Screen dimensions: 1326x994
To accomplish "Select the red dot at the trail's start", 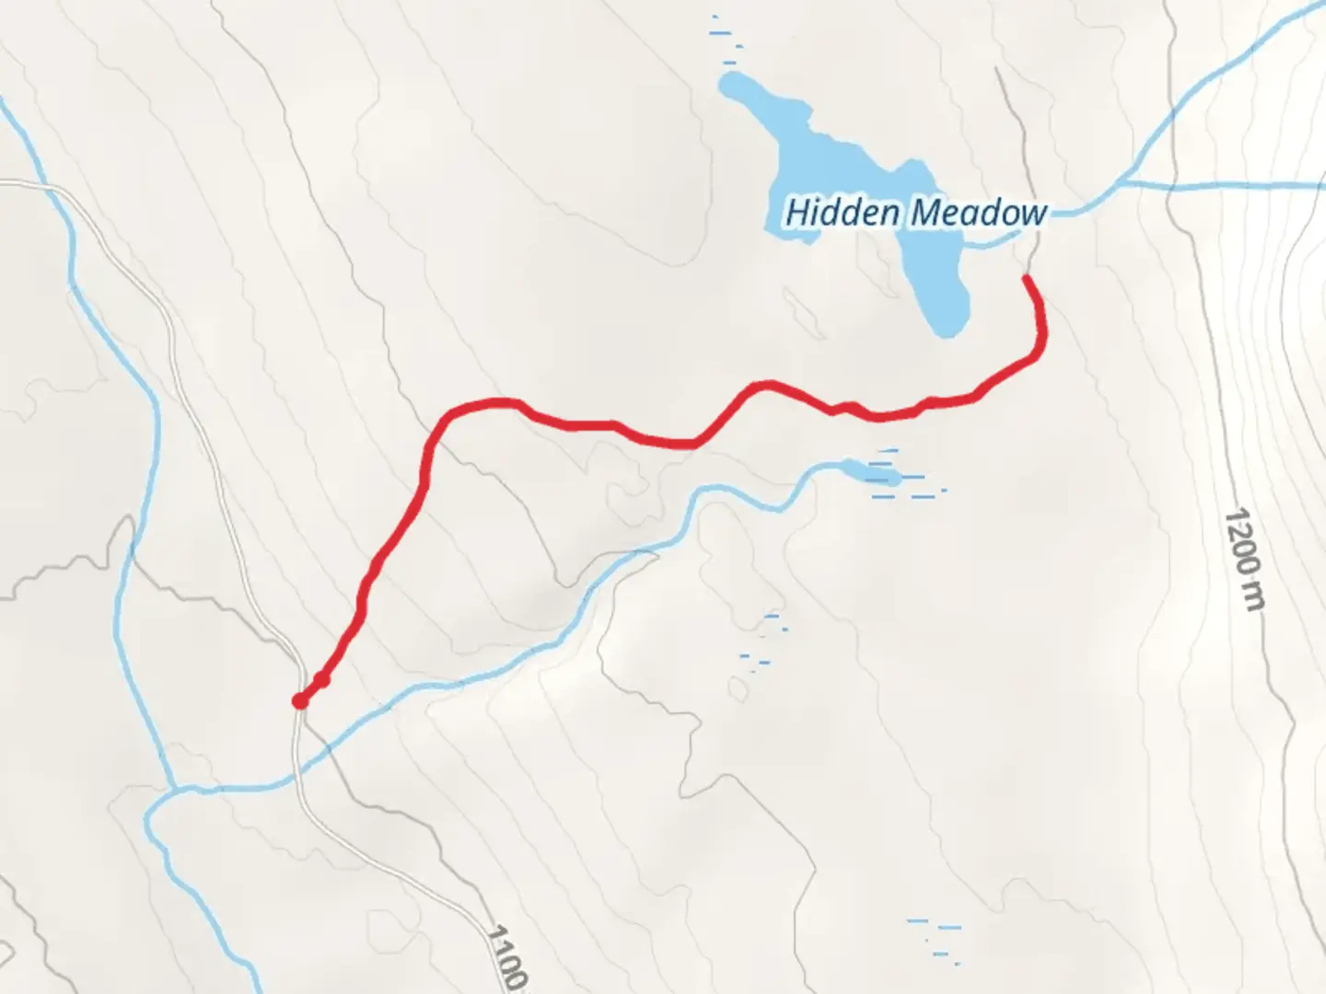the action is (x=299, y=701).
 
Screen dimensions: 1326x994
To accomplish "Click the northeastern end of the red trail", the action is (x=1028, y=277).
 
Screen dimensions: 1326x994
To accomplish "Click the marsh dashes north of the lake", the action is (x=725, y=37).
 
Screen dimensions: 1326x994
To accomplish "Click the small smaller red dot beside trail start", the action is (x=321, y=680).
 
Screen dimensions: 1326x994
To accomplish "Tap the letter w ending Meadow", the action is (x=1035, y=214).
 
